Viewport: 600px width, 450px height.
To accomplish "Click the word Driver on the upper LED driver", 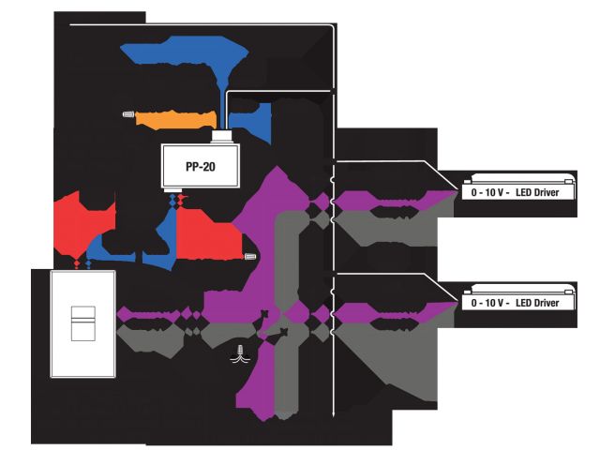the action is [552, 194].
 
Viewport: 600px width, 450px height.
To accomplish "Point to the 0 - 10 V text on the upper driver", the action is [489, 194].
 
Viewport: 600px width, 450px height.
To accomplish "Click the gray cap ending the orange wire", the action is [128, 115].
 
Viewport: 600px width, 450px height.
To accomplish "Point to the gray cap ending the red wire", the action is [249, 254].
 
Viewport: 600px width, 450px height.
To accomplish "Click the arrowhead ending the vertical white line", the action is [334, 419].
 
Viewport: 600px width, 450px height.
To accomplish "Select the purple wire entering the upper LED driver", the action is [394, 199].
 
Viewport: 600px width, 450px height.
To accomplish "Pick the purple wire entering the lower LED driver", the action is [394, 310].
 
